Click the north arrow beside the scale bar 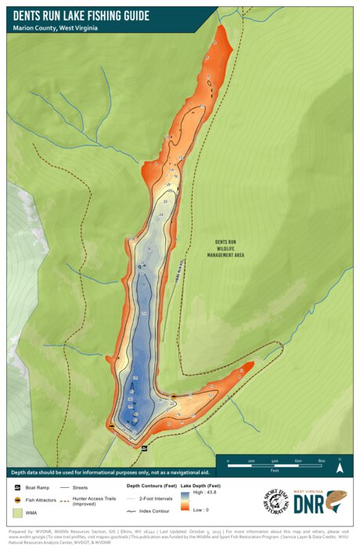[x=340, y=466]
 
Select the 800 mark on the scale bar [x=322, y=461]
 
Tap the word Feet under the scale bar [x=275, y=471]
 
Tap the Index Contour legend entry [x=154, y=512]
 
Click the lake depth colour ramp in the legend [x=185, y=504]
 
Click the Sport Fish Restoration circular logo [x=276, y=501]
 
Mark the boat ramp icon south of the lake [x=143, y=447]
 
